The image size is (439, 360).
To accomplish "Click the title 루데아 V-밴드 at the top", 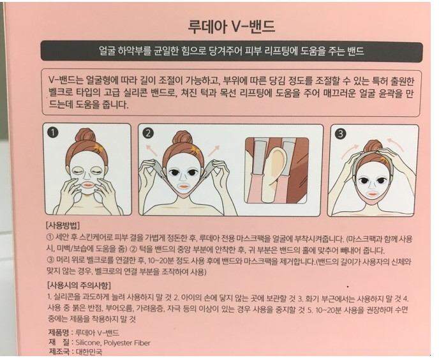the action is pyautogui.click(x=231, y=27).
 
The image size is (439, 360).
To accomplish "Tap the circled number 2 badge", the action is pyautogui.click(x=148, y=133).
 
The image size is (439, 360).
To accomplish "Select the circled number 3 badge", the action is pyautogui.click(x=341, y=133).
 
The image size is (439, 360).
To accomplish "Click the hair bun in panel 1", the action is pyautogui.click(x=86, y=136).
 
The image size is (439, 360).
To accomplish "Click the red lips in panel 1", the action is pyautogui.click(x=89, y=186).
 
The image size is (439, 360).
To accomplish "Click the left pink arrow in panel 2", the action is pyautogui.click(x=151, y=149).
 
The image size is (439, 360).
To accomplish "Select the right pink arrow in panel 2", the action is pyautogui.click(x=214, y=150).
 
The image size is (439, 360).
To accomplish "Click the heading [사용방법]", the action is pyautogui.click(x=63, y=225).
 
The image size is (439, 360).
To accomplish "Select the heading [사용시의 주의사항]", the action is pyautogui.click(x=79, y=285).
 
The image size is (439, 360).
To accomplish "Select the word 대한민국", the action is pyautogui.click(x=89, y=352).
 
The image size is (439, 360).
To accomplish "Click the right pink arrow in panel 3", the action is pyautogui.click(x=396, y=144).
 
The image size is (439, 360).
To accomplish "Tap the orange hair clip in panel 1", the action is pyautogui.click(x=98, y=147).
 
